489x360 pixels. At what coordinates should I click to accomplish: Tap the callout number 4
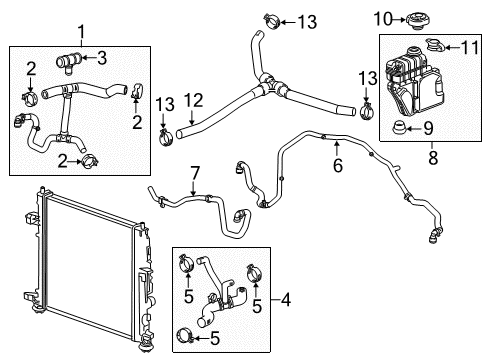click(288, 300)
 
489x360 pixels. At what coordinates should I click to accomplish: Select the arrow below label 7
click(195, 190)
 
